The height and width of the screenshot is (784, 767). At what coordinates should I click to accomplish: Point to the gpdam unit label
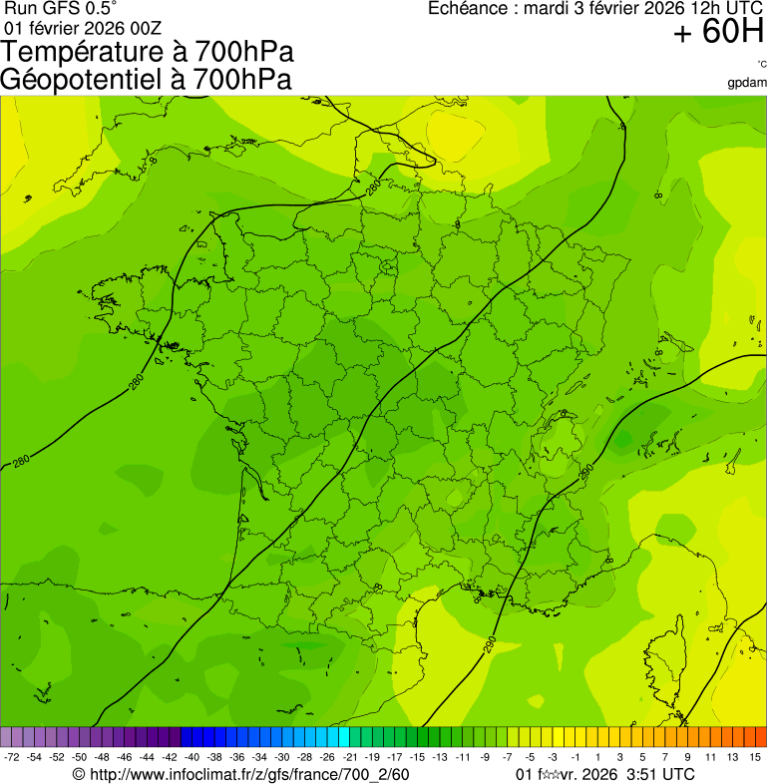click(x=747, y=82)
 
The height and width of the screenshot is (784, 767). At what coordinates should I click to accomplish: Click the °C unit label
click(x=761, y=64)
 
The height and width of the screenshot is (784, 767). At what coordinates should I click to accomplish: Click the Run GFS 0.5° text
click(x=61, y=9)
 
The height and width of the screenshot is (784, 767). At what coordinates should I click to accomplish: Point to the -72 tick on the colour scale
click(x=12, y=758)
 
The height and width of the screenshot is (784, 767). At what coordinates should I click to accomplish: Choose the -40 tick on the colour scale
click(x=192, y=758)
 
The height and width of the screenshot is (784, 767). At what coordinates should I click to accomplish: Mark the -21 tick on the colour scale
click(x=350, y=758)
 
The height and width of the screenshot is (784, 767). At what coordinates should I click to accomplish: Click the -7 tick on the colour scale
click(x=508, y=758)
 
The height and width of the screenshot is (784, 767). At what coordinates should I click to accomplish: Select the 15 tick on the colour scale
click(x=755, y=758)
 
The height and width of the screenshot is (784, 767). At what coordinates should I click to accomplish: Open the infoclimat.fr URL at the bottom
click(x=249, y=774)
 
